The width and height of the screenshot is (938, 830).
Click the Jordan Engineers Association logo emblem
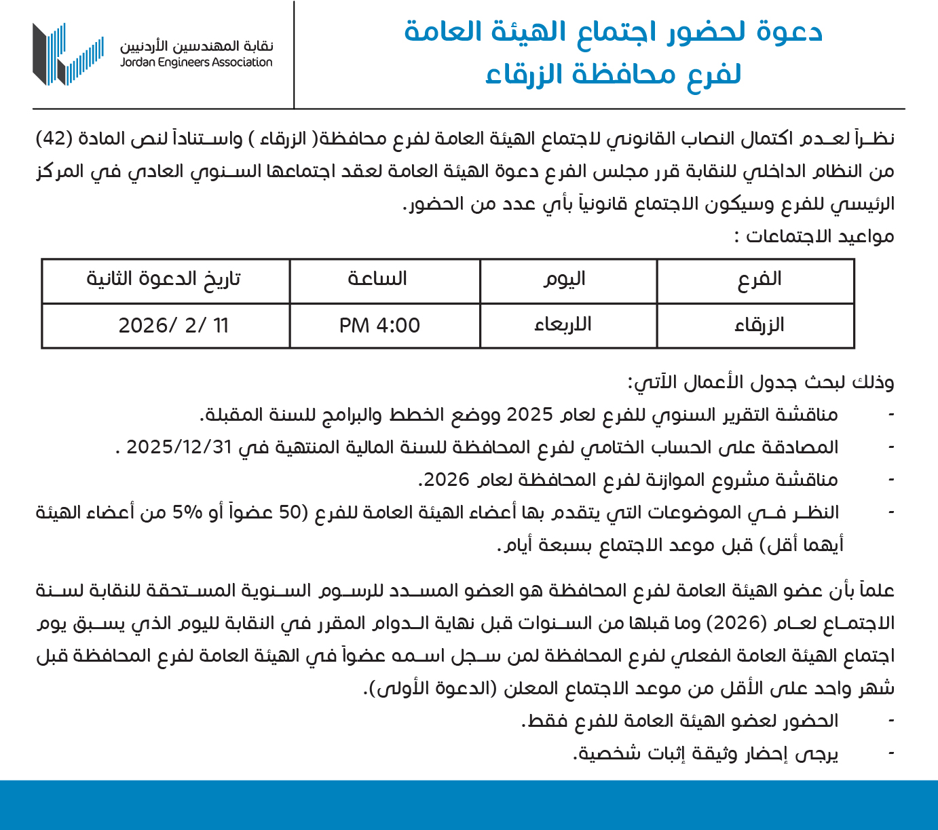(x=68, y=54)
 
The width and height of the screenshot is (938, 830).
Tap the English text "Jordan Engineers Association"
(x=196, y=62)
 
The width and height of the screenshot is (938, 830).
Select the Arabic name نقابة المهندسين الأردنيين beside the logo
(x=197, y=46)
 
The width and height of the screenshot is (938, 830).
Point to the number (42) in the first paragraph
(x=54, y=138)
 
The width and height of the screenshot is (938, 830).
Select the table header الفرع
(x=759, y=279)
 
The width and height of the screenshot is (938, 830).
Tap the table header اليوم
(x=564, y=279)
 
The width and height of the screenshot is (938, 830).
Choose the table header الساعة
(x=377, y=279)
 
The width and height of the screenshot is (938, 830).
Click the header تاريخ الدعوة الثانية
(x=164, y=279)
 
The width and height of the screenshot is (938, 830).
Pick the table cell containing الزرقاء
(x=759, y=325)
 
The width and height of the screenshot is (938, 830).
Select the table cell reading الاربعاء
(x=563, y=325)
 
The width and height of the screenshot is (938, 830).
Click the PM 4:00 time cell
(x=380, y=326)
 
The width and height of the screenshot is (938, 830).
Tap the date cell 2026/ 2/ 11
(x=174, y=326)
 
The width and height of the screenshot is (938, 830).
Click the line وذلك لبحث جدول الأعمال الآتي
(x=760, y=383)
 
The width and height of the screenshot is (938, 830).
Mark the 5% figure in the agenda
(x=187, y=512)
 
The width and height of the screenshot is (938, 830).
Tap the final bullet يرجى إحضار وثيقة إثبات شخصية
(x=706, y=754)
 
